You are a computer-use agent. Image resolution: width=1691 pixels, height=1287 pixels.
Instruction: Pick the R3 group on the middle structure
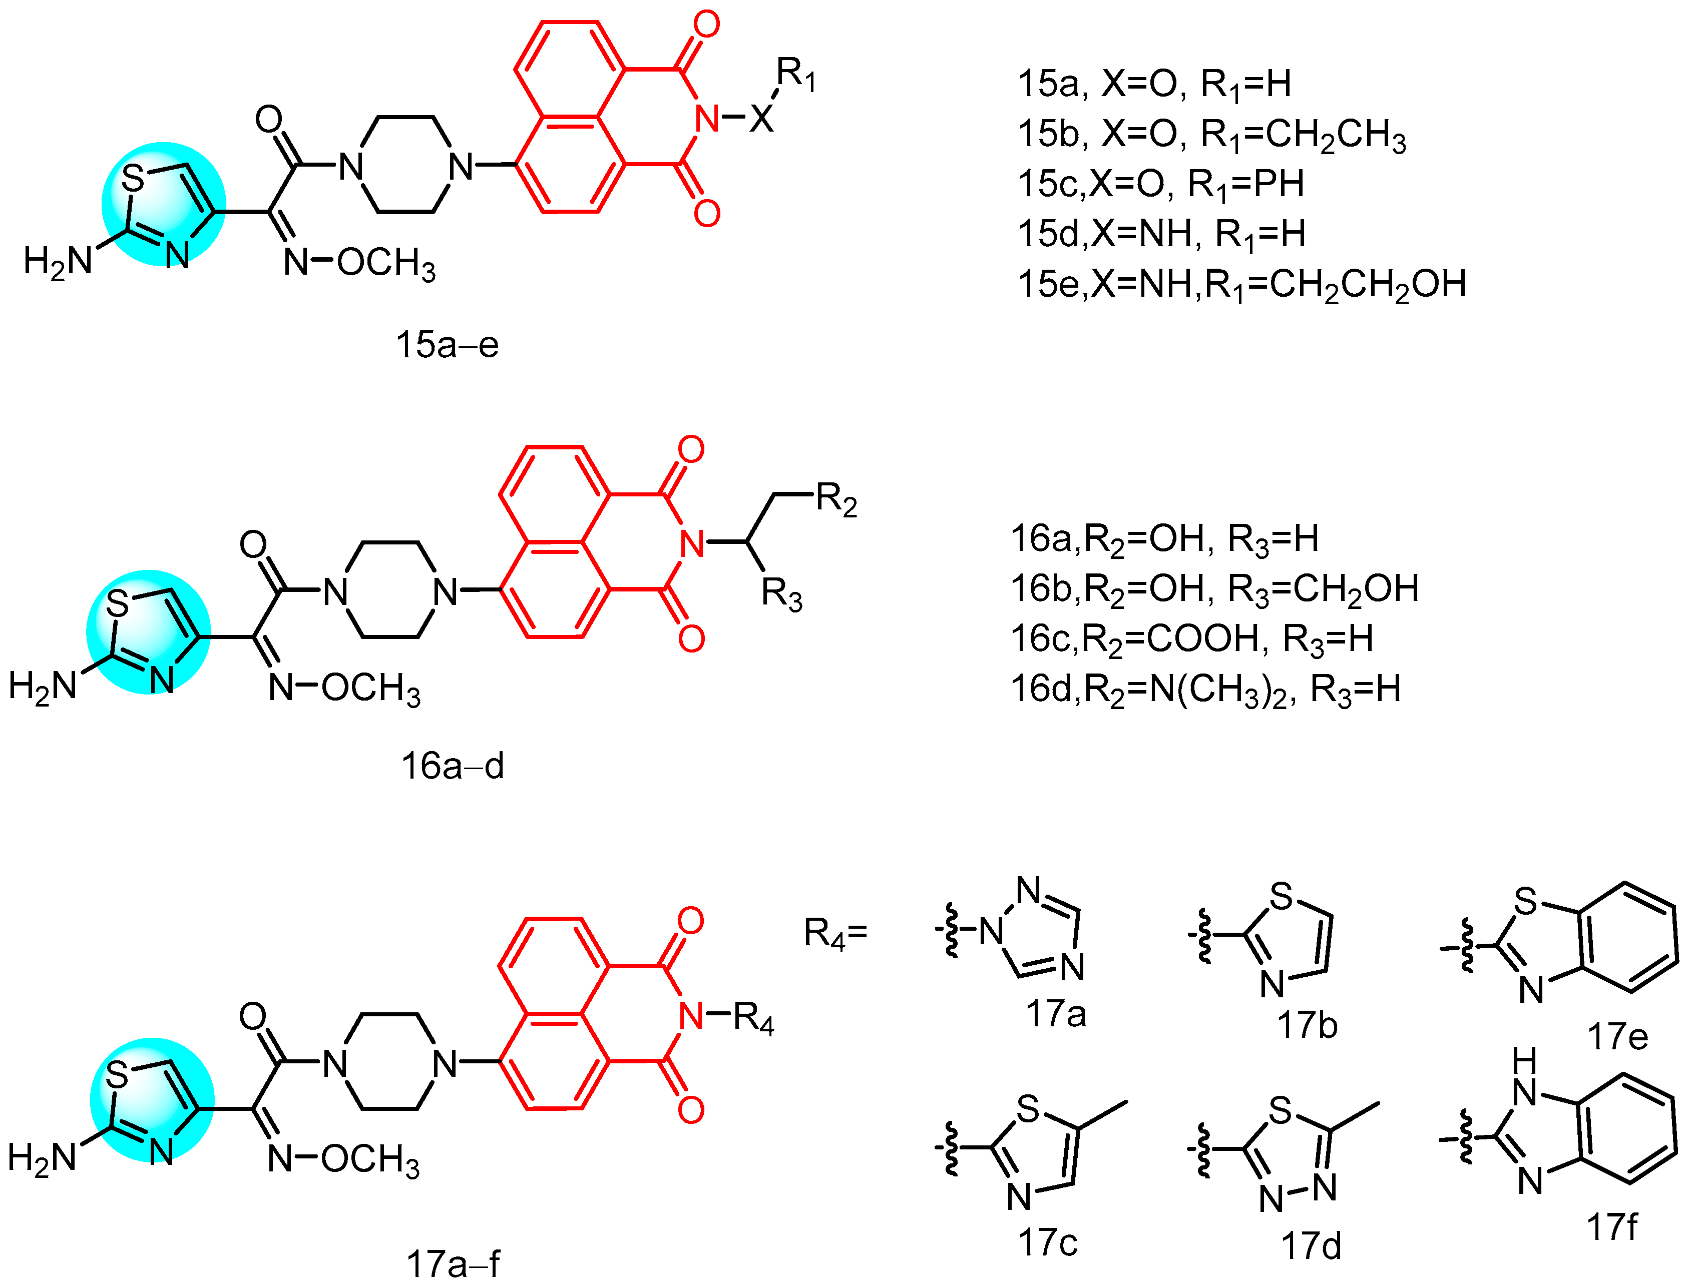[x=781, y=593]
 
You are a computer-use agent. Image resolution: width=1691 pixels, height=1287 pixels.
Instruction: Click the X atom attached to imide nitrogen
[x=761, y=119]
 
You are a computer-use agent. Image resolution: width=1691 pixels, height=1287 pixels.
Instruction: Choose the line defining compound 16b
[x=1214, y=588]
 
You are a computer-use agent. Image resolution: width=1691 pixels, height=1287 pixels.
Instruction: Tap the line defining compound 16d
[x=1205, y=689]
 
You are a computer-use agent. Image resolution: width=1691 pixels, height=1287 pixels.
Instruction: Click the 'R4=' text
[x=835, y=933]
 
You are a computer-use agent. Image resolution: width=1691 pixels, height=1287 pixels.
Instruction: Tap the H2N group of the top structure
[x=58, y=261]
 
